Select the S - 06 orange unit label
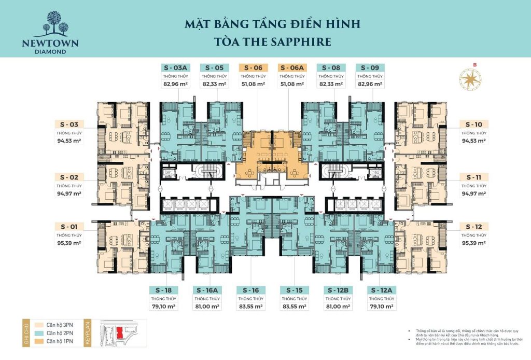pyautogui.click(x=254, y=67)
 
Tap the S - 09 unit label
pyautogui.click(x=370, y=67)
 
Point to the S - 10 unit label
pyautogui.click(x=474, y=124)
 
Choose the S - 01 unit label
pyautogui.click(x=69, y=227)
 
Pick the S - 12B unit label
pyautogui.click(x=338, y=290)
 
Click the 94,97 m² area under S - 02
pyautogui.click(x=69, y=193)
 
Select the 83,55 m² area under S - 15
pyautogui.click(x=294, y=307)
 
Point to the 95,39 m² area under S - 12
pyautogui.click(x=474, y=243)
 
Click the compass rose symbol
pyautogui.click(x=470, y=79)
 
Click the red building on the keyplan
pyautogui.click(x=121, y=331)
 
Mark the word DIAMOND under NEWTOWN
pyautogui.click(x=50, y=51)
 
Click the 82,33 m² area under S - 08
pyautogui.click(x=331, y=84)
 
